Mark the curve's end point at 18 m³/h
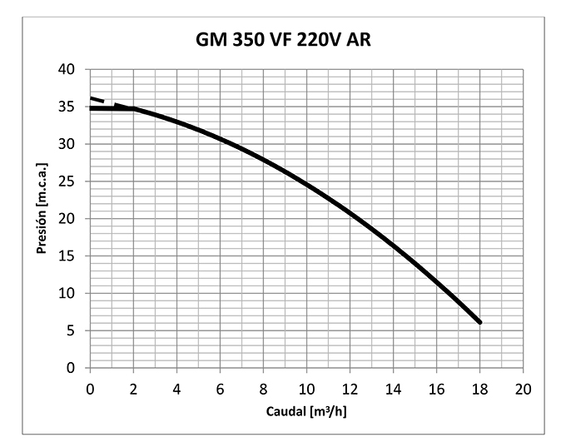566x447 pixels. point(479,322)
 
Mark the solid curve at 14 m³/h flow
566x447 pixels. point(393,246)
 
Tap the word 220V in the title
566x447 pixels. point(325,40)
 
